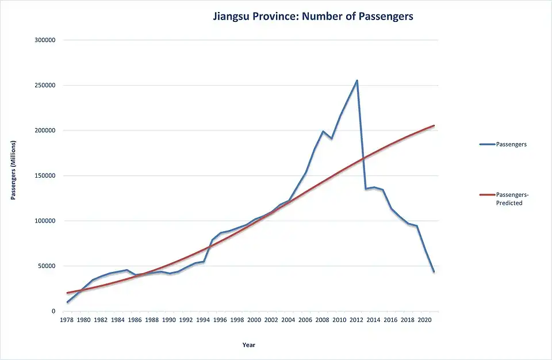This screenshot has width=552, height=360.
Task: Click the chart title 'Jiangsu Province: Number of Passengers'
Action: click(x=313, y=16)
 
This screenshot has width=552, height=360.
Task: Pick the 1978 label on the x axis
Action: click(x=67, y=320)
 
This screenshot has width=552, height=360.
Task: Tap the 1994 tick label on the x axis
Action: click(x=204, y=320)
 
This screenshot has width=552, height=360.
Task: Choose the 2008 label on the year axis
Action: click(x=323, y=320)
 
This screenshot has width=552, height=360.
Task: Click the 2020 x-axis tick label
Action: click(x=425, y=320)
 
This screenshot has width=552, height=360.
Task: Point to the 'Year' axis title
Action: click(x=249, y=345)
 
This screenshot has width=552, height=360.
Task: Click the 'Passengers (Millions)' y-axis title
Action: click(x=13, y=171)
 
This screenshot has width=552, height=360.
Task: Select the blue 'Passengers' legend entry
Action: click(x=503, y=144)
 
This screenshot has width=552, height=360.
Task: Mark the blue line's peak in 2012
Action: click(x=357, y=81)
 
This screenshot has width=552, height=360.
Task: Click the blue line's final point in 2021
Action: click(x=434, y=271)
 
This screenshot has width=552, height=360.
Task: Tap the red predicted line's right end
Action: click(x=434, y=125)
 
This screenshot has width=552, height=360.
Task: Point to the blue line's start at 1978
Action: click(x=68, y=302)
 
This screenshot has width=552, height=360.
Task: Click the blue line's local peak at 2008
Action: click(x=323, y=131)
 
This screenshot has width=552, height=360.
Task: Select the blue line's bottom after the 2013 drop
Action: click(x=365, y=189)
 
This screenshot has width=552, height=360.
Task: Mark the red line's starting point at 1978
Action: click(x=68, y=293)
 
